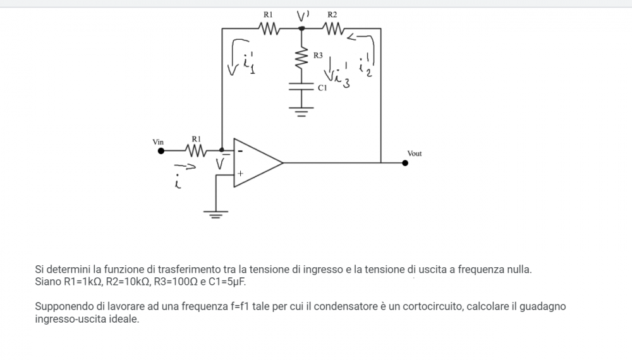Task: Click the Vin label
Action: click(x=158, y=142)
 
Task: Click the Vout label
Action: click(x=415, y=153)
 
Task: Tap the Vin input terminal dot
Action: click(x=161, y=151)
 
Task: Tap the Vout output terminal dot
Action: click(x=405, y=162)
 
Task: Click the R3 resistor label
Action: click(x=318, y=56)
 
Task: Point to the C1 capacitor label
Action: click(x=322, y=89)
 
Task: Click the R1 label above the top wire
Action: click(x=267, y=14)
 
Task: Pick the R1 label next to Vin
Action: click(x=196, y=138)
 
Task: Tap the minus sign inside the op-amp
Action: click(x=240, y=152)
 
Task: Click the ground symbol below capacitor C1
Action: click(x=301, y=114)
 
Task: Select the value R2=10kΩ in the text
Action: click(x=126, y=282)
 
